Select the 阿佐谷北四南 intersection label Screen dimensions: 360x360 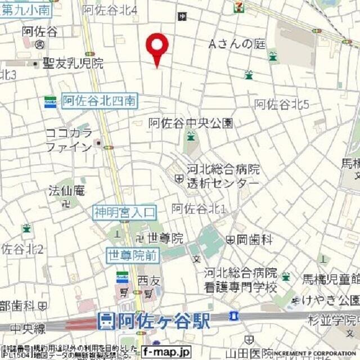pyautogui.click(x=99, y=101)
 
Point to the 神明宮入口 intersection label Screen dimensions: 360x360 pyautogui.click(x=124, y=212)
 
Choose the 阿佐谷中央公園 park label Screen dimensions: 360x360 pyautogui.click(x=190, y=123)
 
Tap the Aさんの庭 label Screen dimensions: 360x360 pyautogui.click(x=236, y=44)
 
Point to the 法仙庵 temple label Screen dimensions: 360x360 pyautogui.click(x=66, y=191)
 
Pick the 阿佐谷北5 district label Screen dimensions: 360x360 pyautogui.click(x=282, y=104)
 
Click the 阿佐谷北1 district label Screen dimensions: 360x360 pyautogui.click(x=199, y=209)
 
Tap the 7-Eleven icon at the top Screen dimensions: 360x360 pyautogui.click(x=238, y=7)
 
